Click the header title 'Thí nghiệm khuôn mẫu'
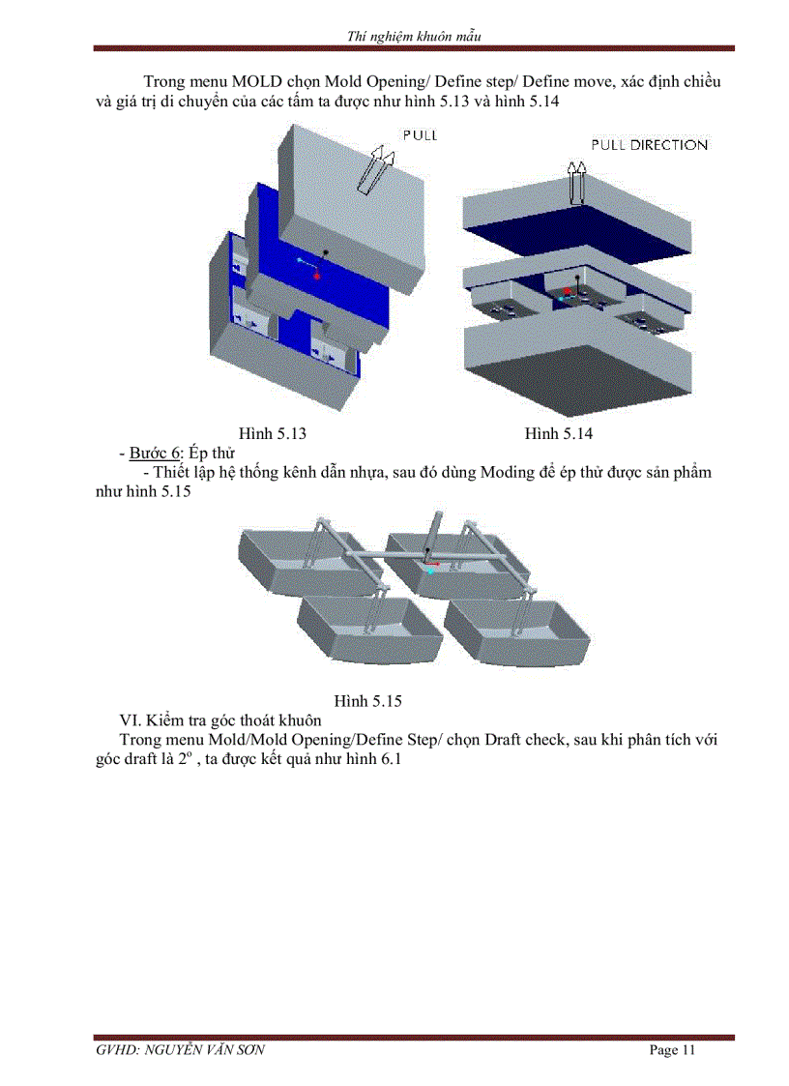tap(414, 37)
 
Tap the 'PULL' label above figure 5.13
tap(419, 135)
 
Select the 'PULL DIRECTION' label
tap(649, 145)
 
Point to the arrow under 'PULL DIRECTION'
tap(578, 181)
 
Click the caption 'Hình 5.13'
tap(272, 433)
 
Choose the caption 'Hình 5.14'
tap(558, 433)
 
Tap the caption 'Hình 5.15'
tap(367, 701)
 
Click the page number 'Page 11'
tap(671, 1050)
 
